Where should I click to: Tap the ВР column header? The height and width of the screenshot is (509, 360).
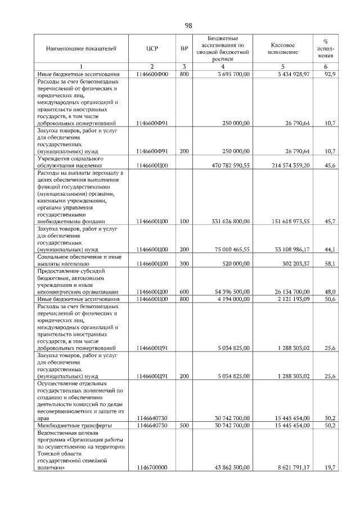(x=184, y=49)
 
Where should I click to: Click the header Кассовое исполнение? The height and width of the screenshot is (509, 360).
(x=283, y=49)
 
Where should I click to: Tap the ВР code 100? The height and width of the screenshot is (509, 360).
(x=184, y=222)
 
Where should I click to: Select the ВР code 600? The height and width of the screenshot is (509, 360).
(x=184, y=291)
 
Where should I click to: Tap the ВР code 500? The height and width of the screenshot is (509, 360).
(x=184, y=425)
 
